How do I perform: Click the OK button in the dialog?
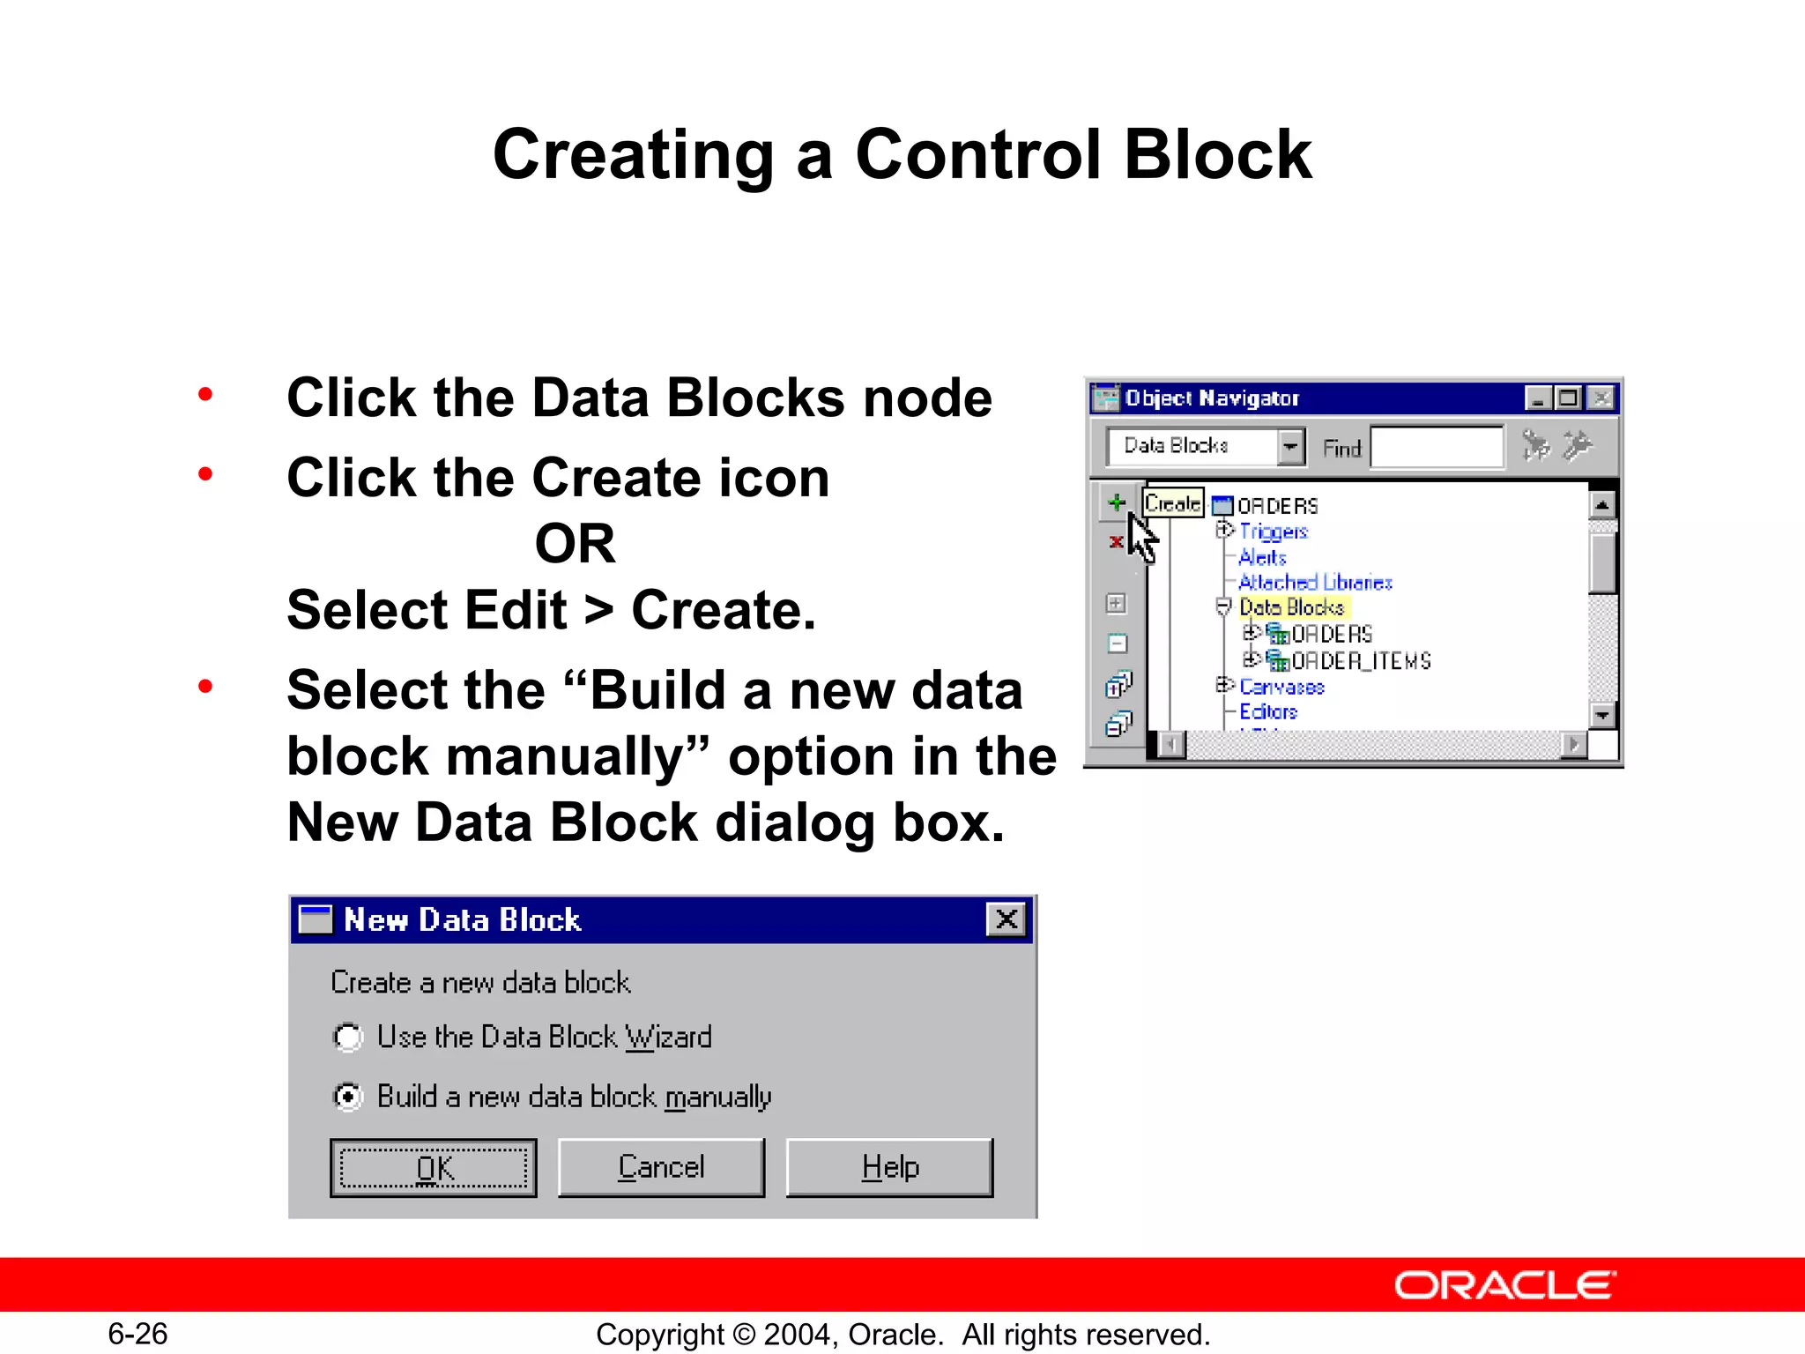(433, 1168)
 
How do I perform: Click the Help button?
(889, 1168)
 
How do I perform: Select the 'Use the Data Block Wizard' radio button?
(348, 1038)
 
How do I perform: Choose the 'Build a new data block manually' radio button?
(348, 1097)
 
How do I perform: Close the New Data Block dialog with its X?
(1006, 919)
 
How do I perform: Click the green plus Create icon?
(1117, 502)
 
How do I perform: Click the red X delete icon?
(1116, 541)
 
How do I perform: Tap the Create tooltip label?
(1173, 503)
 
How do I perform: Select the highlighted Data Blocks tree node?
(1291, 607)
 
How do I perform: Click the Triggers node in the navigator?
(1274, 532)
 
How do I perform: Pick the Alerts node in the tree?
(1262, 557)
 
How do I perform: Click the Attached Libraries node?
(1315, 583)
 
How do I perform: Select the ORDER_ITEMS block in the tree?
(1361, 661)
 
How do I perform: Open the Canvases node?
(1281, 687)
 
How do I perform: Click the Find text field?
(1437, 447)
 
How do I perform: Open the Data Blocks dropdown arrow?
(1290, 447)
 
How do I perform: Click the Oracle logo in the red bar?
(1505, 1285)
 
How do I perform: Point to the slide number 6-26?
(137, 1334)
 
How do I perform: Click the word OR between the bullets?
(575, 543)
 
